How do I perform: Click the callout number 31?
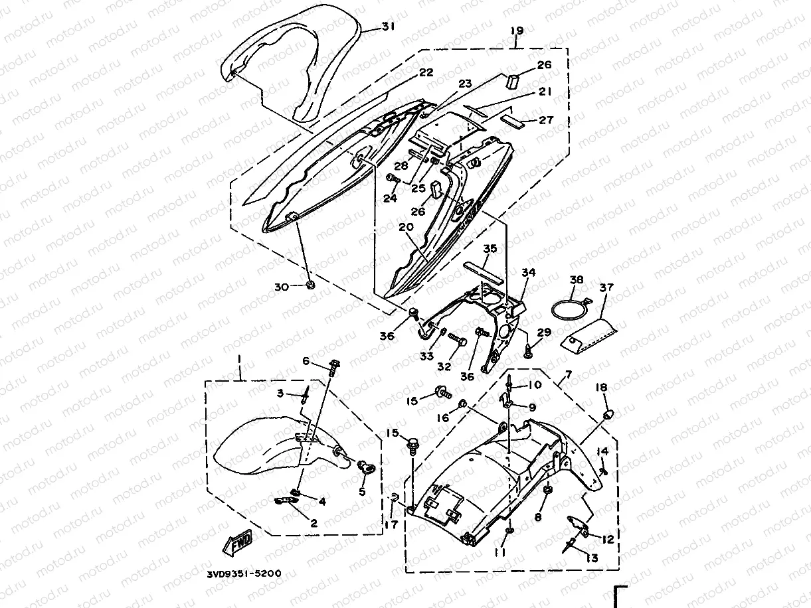pos(388,27)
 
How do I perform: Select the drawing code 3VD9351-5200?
pos(243,571)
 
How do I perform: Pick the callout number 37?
pos(607,287)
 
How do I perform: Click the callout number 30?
pos(281,287)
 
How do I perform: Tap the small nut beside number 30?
pos(310,286)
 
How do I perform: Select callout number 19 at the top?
pos(517,31)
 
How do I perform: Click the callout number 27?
pos(546,120)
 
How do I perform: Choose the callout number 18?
pos(601,387)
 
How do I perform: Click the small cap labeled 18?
pos(606,415)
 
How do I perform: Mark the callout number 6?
pos(306,360)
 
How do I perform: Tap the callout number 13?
pos(591,558)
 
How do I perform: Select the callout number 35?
pos(490,249)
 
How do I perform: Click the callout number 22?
pos(425,72)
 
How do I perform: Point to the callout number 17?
pos(391,524)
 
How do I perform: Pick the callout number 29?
pos(544,332)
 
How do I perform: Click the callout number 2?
pos(314,523)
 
